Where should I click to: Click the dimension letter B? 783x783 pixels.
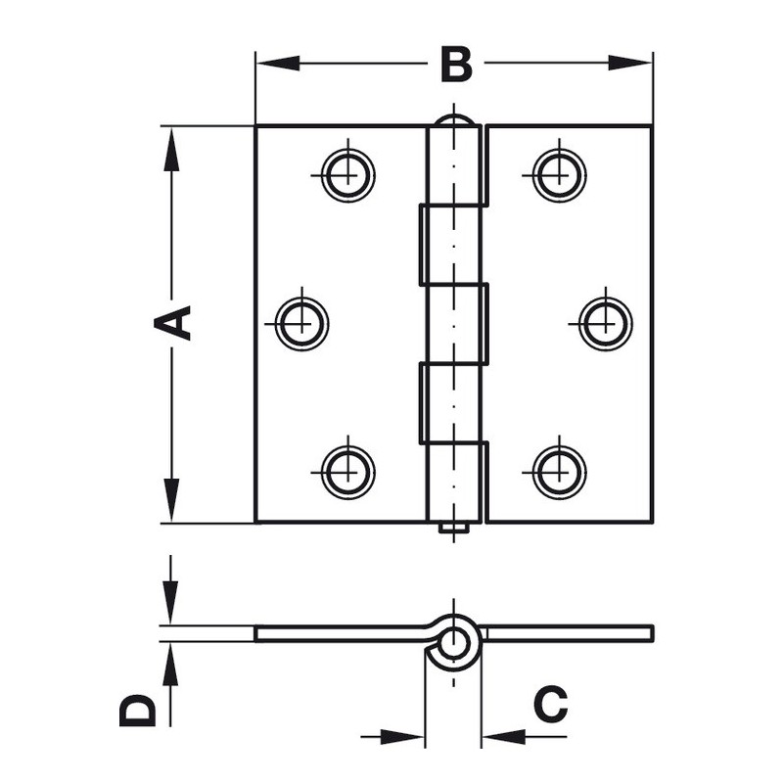tap(456, 65)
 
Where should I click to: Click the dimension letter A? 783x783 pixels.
tap(172, 323)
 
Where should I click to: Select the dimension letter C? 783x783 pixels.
tap(550, 704)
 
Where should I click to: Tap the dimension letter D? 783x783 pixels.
tap(138, 711)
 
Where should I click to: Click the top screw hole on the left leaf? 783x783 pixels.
tap(348, 175)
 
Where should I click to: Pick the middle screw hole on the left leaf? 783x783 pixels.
tap(302, 324)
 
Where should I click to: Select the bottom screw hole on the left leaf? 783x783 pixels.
tap(348, 472)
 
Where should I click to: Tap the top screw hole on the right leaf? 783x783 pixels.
tap(559, 175)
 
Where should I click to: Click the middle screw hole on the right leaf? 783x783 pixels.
tap(606, 324)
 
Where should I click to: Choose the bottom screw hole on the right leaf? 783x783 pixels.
tap(559, 472)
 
